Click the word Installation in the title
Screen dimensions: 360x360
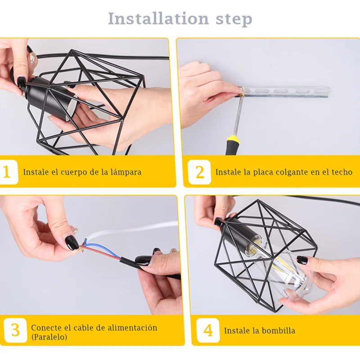coord(158,18)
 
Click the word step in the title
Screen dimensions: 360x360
coord(234,19)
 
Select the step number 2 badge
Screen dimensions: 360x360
coord(199,172)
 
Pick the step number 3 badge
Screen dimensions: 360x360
coord(15,330)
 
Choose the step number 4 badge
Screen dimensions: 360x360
coord(208,330)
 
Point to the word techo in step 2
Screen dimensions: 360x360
coord(342,172)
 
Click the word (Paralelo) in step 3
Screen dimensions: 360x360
coord(49,337)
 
